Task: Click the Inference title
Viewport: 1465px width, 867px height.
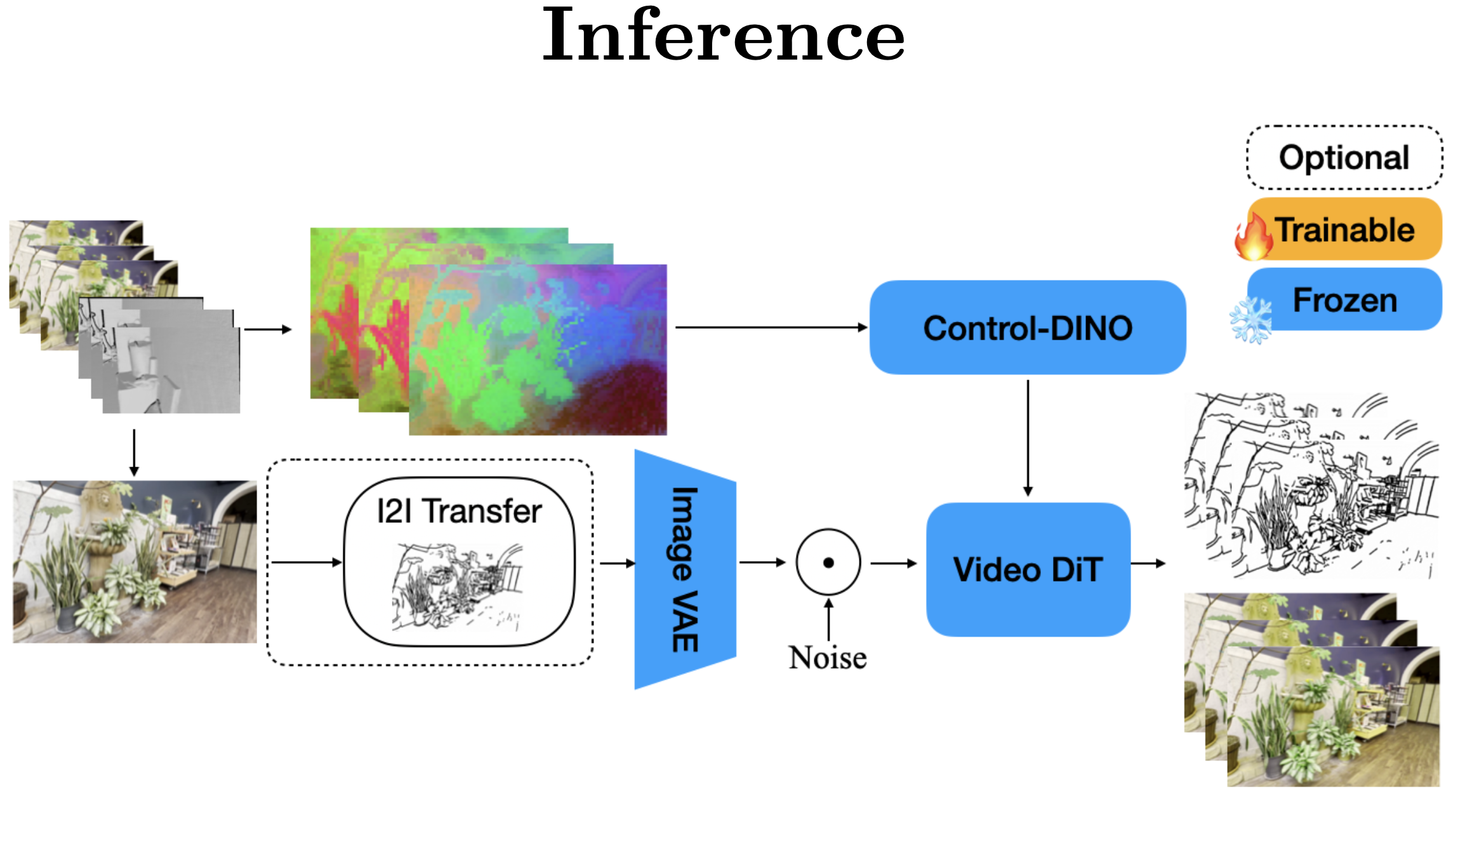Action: [x=723, y=36]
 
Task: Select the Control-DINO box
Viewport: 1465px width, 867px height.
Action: [x=1027, y=328]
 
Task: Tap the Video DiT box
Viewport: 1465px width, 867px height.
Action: [x=1027, y=569]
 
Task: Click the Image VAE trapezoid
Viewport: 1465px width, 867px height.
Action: [x=684, y=569]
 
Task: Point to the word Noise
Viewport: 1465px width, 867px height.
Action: [x=828, y=658]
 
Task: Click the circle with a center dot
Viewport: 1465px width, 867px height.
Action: [x=828, y=562]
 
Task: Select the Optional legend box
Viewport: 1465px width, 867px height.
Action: [x=1344, y=157]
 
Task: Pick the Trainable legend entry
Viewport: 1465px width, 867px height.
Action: [x=1344, y=229]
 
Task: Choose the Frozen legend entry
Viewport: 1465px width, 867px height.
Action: [x=1344, y=300]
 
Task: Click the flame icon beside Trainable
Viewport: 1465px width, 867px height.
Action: [x=1252, y=237]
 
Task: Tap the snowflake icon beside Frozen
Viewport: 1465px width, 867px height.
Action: [x=1251, y=321]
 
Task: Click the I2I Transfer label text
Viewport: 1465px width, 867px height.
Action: [x=459, y=511]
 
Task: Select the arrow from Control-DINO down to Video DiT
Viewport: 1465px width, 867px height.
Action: [x=1028, y=438]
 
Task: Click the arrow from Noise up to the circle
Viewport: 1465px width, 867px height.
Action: [x=828, y=619]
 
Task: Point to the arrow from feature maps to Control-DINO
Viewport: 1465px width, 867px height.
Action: [x=771, y=328]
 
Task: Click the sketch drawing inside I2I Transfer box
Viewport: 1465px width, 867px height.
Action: [x=458, y=587]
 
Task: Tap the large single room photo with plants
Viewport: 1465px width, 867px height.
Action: [x=135, y=562]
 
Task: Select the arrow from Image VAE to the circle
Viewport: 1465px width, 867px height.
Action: [x=762, y=562]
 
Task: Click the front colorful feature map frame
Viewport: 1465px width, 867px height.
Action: [x=538, y=350]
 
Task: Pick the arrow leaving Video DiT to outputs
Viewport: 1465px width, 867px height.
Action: [x=1148, y=563]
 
